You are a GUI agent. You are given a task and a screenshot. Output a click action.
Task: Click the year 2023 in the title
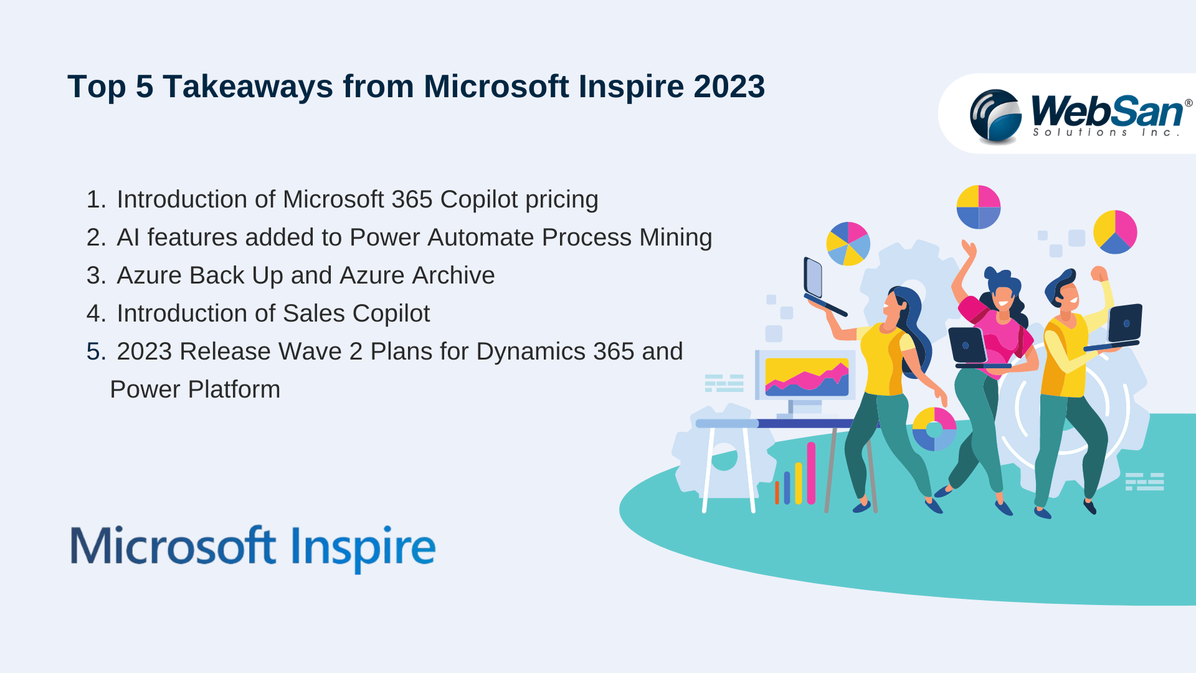pyautogui.click(x=729, y=86)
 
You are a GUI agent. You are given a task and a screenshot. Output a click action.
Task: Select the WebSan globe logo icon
pyautogui.click(x=995, y=116)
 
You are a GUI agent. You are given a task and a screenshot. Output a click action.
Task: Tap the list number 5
pyautogui.click(x=95, y=351)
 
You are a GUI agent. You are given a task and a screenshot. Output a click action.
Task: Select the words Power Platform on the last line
pyautogui.click(x=195, y=389)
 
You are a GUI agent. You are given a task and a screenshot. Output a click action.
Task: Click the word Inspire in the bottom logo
pyautogui.click(x=363, y=547)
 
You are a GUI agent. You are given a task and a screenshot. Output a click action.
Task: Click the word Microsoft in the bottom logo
pyautogui.click(x=173, y=546)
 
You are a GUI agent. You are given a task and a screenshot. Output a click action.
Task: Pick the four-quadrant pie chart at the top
pyautogui.click(x=978, y=207)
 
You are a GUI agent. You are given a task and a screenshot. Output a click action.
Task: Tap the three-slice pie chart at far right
pyautogui.click(x=1115, y=232)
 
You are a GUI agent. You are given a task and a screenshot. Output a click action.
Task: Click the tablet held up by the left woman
pyautogui.click(x=814, y=278)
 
